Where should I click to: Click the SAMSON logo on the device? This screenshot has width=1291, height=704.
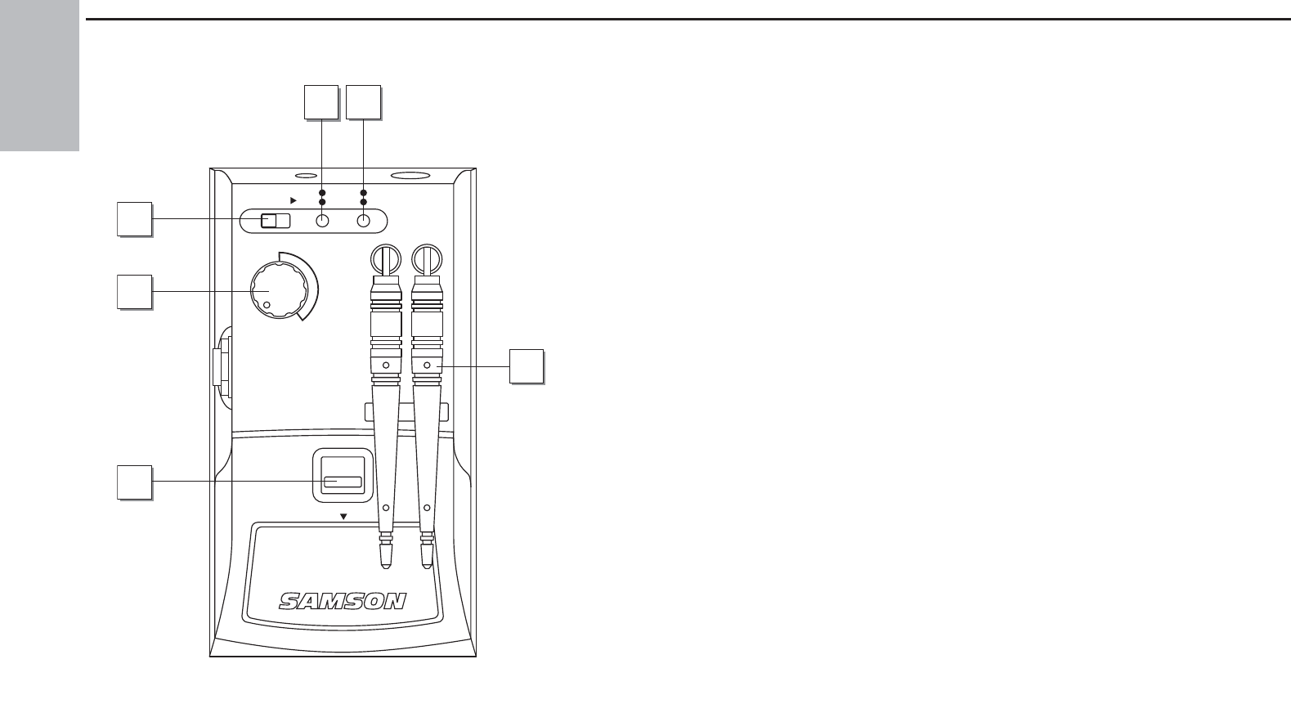click(343, 602)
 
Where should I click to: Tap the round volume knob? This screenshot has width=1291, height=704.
click(277, 292)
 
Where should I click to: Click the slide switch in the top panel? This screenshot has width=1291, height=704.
click(274, 221)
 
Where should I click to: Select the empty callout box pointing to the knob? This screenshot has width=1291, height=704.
click(134, 292)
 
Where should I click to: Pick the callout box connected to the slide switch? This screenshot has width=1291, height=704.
click(134, 220)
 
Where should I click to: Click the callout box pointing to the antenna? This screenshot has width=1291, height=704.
click(527, 365)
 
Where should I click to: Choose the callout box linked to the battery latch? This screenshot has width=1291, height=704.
click(134, 482)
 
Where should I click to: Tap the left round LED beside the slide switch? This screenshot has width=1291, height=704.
click(322, 221)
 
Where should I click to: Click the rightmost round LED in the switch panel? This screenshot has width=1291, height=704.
click(363, 221)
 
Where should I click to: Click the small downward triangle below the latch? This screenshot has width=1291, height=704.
click(343, 517)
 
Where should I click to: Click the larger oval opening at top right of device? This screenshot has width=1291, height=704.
click(410, 175)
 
